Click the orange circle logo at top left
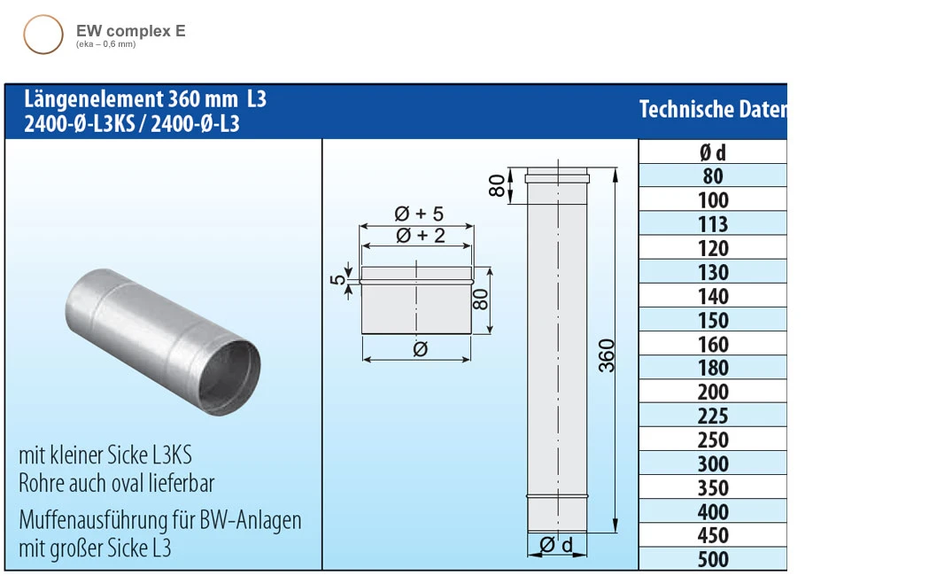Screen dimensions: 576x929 click(43, 35)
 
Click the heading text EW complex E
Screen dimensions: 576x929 click(130, 31)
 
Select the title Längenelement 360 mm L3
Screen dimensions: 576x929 click(146, 99)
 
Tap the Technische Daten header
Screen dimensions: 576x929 click(712, 109)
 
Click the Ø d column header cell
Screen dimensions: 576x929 click(712, 152)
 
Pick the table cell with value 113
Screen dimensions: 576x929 click(712, 224)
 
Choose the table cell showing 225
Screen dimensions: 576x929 click(712, 416)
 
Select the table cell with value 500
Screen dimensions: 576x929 click(712, 559)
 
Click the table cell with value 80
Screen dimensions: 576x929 click(712, 176)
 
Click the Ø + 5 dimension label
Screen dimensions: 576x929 click(418, 214)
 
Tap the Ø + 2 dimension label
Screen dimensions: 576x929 click(418, 235)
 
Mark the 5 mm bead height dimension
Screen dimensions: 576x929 click(337, 279)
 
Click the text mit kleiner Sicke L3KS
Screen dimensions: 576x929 click(105, 455)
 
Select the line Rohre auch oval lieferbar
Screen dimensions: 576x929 click(117, 483)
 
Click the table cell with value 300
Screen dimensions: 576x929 click(712, 463)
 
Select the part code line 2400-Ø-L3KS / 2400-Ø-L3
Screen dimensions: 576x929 click(132, 124)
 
